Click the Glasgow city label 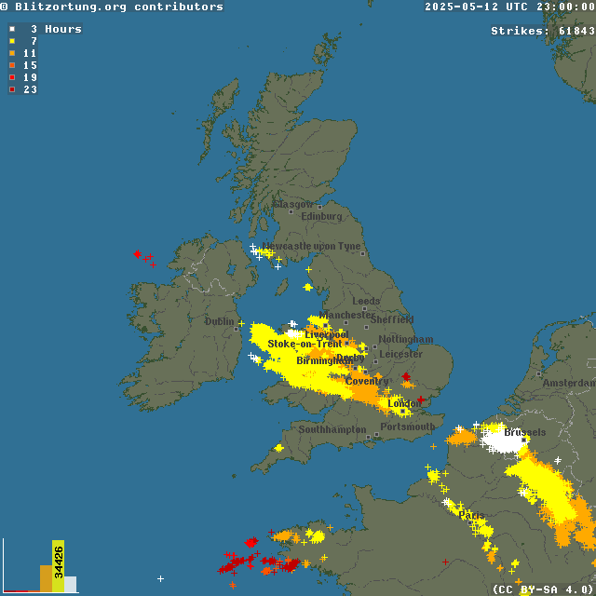(293, 204)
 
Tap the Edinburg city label (321, 216)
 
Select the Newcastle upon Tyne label (311, 246)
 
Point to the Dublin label (220, 321)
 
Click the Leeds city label (366, 302)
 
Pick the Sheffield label (392, 319)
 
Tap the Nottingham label (406, 339)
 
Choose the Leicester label (401, 354)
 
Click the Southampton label (332, 429)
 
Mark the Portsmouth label (408, 427)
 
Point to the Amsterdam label (570, 383)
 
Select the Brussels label (526, 432)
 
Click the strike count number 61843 (576, 31)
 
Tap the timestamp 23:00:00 (564, 7)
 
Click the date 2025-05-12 (463, 7)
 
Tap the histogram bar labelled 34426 (58, 564)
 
